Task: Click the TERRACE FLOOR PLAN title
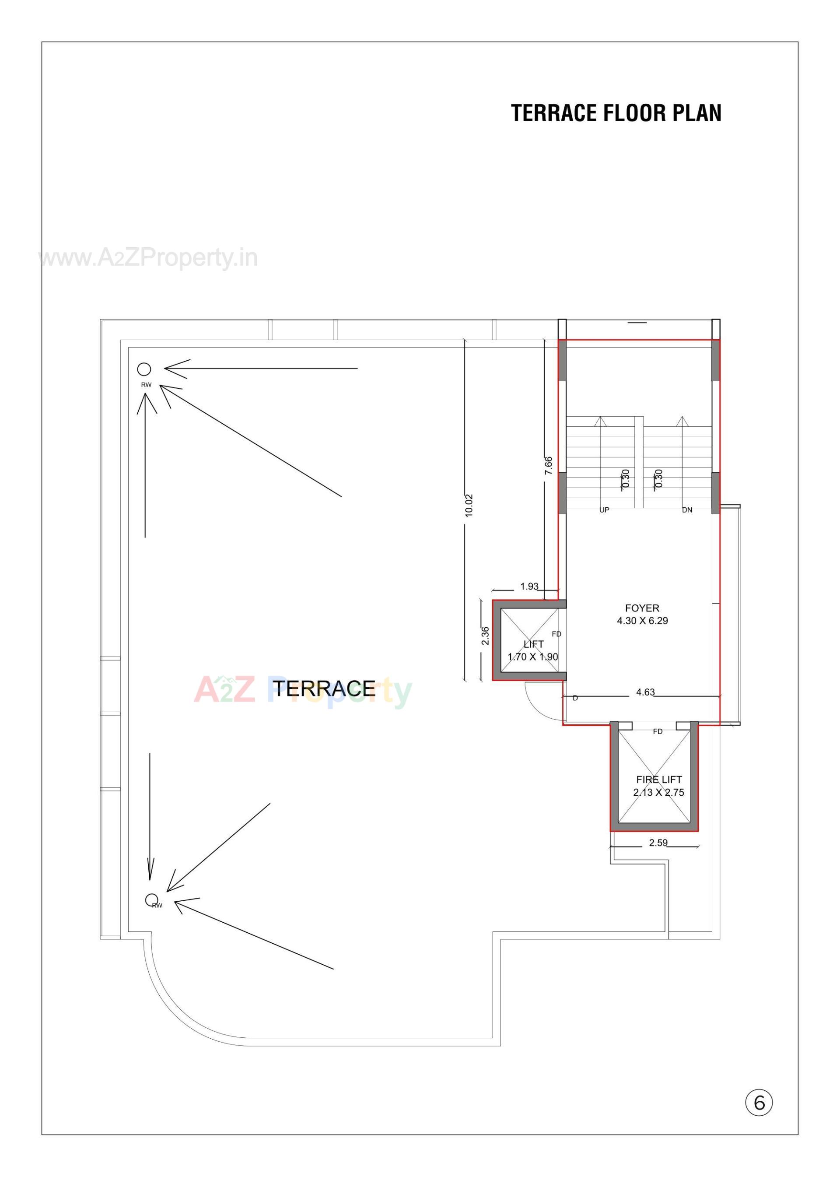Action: click(616, 113)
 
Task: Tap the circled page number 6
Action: click(759, 1103)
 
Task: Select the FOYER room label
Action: click(642, 608)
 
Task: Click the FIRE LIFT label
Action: click(659, 779)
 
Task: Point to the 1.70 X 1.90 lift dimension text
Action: click(533, 657)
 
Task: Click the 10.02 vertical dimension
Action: click(469, 506)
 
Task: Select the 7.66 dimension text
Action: click(548, 465)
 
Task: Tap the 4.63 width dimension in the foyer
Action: click(645, 692)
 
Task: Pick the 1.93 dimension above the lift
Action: click(529, 586)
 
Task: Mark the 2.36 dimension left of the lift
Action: click(485, 636)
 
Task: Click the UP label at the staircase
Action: click(604, 510)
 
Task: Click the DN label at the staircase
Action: click(687, 510)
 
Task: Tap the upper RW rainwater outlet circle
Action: click(144, 369)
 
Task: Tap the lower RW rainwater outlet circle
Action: click(151, 899)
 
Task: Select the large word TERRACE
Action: click(324, 689)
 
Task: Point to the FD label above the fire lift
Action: click(658, 731)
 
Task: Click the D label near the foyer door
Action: click(575, 698)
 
